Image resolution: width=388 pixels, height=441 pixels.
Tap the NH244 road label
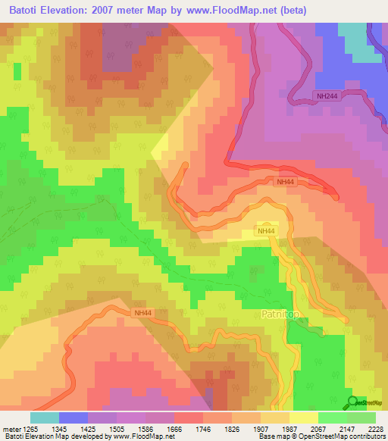point(328,95)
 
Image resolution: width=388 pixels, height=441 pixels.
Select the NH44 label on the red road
point(286,182)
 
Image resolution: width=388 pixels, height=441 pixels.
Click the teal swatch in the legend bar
point(44,418)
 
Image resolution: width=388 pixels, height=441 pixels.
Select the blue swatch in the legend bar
point(73,418)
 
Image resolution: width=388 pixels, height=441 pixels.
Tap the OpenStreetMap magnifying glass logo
point(352,402)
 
